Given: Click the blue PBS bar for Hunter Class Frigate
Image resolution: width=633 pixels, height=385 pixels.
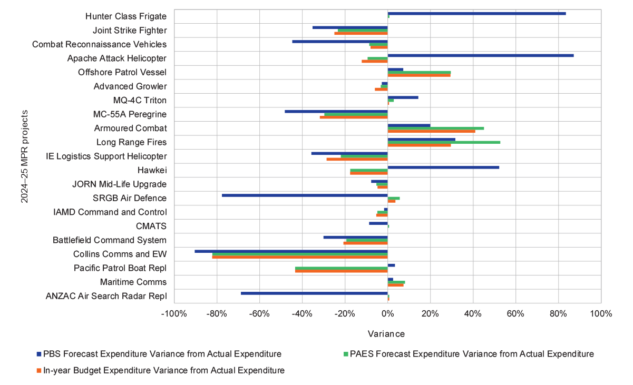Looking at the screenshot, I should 476,13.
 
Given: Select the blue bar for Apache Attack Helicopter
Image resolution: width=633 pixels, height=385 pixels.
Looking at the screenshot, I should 480,55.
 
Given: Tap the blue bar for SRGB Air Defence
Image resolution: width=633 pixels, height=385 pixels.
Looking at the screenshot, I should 305,195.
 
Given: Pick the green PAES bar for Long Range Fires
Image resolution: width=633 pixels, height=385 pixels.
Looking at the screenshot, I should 444,142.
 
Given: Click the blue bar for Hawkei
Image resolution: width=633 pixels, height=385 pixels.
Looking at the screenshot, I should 443,167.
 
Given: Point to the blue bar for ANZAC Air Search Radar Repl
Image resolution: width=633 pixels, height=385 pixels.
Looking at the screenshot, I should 314,293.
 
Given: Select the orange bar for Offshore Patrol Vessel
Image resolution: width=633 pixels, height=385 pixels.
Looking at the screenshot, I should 419,75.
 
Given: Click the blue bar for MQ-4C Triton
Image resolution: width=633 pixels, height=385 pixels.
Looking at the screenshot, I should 403,97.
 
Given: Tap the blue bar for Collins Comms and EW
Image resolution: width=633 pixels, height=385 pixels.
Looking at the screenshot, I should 291,251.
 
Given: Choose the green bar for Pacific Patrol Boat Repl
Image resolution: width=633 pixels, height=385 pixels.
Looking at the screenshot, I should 341,269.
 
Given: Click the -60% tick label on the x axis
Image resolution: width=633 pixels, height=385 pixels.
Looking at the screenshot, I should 259,314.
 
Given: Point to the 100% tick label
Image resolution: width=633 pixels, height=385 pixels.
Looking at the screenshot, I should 600,314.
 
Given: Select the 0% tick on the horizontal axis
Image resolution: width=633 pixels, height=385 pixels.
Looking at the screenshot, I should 387,314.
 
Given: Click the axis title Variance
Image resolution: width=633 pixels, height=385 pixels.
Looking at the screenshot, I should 386,334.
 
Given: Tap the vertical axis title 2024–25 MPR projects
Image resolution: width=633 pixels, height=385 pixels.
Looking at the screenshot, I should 24,156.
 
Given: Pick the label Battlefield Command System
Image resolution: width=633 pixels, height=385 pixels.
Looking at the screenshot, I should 110,240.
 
